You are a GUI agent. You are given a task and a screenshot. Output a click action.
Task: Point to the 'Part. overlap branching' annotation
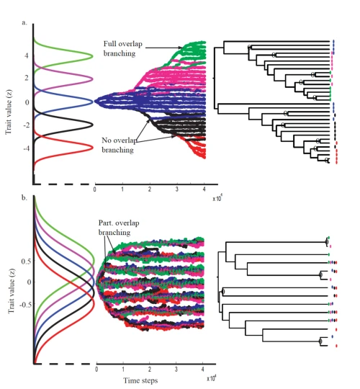click(x=115, y=228)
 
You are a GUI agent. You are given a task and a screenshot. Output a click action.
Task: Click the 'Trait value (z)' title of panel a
click(x=9, y=102)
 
